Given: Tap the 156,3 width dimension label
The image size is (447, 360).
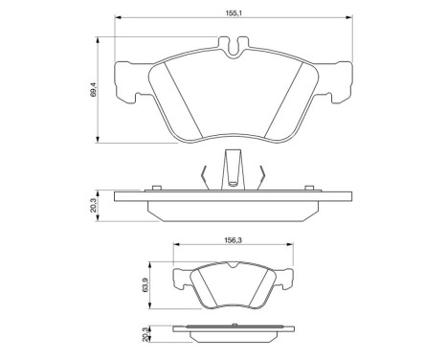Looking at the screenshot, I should point(233,241).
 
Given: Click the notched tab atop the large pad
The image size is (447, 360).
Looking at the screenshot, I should point(232,46).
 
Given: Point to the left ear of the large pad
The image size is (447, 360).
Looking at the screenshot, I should point(128,82).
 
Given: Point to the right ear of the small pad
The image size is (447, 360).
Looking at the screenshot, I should point(284,279).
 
